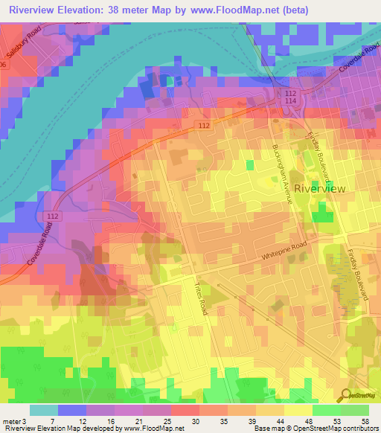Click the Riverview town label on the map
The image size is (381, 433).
(x=320, y=189)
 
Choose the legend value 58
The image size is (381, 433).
(x=365, y=422)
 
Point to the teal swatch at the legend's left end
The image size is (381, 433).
(x=44, y=410)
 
